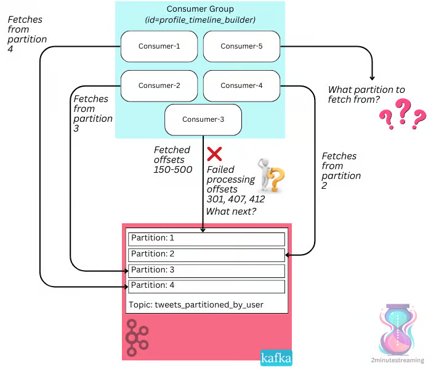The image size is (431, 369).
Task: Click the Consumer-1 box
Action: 159,46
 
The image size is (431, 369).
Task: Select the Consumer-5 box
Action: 241,46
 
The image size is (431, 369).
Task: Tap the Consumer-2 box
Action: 159,85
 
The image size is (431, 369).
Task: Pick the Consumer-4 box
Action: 241,85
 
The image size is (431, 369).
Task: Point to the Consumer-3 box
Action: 203,119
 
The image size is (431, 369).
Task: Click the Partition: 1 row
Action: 206,238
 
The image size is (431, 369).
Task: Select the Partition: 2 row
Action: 206,254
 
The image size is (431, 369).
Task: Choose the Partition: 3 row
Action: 206,270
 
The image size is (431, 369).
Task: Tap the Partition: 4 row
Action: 206,286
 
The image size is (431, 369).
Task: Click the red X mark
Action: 214,154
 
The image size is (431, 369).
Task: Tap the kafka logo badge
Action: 276,357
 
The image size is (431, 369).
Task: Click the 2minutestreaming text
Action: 397,360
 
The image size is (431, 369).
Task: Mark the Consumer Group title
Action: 201,9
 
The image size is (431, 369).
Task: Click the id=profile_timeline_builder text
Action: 201,20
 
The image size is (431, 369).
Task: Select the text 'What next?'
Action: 231,212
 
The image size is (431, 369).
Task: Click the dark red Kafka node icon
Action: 139,338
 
